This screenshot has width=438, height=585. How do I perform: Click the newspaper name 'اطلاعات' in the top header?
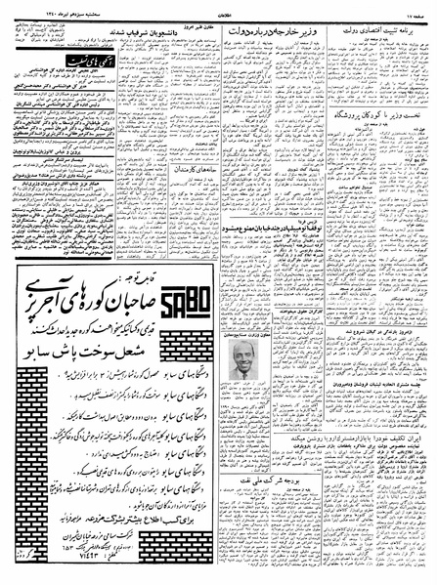pos(220,9)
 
